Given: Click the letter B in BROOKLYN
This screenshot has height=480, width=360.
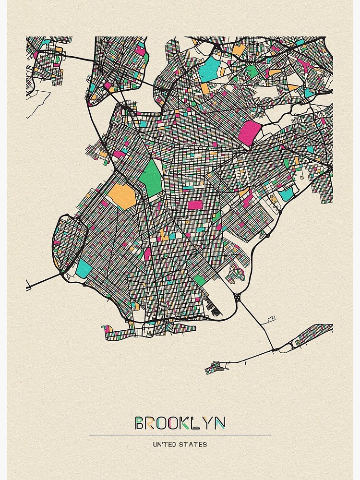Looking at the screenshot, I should point(140,423).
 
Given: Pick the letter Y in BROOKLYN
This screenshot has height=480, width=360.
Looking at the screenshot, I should point(208,423).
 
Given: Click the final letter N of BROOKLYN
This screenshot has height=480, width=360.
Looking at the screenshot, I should point(220,423).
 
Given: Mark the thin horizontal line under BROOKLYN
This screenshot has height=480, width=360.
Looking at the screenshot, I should point(180,435).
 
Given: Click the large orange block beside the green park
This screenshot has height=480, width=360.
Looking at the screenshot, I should point(123,196).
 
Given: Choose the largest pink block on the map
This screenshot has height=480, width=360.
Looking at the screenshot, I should point(250,132).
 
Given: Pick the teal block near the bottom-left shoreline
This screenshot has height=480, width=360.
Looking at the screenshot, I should point(84,268).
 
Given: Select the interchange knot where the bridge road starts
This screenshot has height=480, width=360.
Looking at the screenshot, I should point(239,298).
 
